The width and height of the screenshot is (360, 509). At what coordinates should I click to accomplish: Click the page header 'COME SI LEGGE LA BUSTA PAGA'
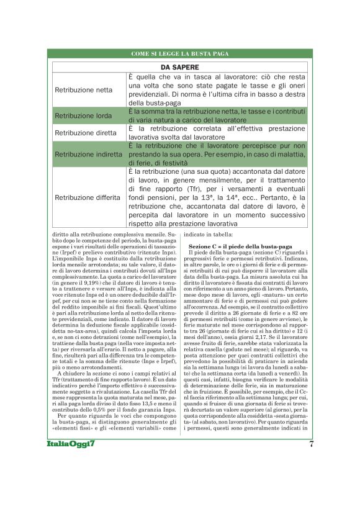pos(180,55)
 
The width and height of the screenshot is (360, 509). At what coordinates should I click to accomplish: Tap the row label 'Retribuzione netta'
pos(84,90)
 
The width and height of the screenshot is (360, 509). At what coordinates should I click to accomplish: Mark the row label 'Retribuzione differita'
pos(88,197)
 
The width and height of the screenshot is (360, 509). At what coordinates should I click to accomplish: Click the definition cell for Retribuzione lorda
pos(217,115)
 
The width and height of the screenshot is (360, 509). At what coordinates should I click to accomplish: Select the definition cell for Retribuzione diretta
pos(217,132)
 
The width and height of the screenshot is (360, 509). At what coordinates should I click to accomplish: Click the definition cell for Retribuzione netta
pos(217,90)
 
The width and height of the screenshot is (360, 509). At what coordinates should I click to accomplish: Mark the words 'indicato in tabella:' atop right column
pos(209,235)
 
